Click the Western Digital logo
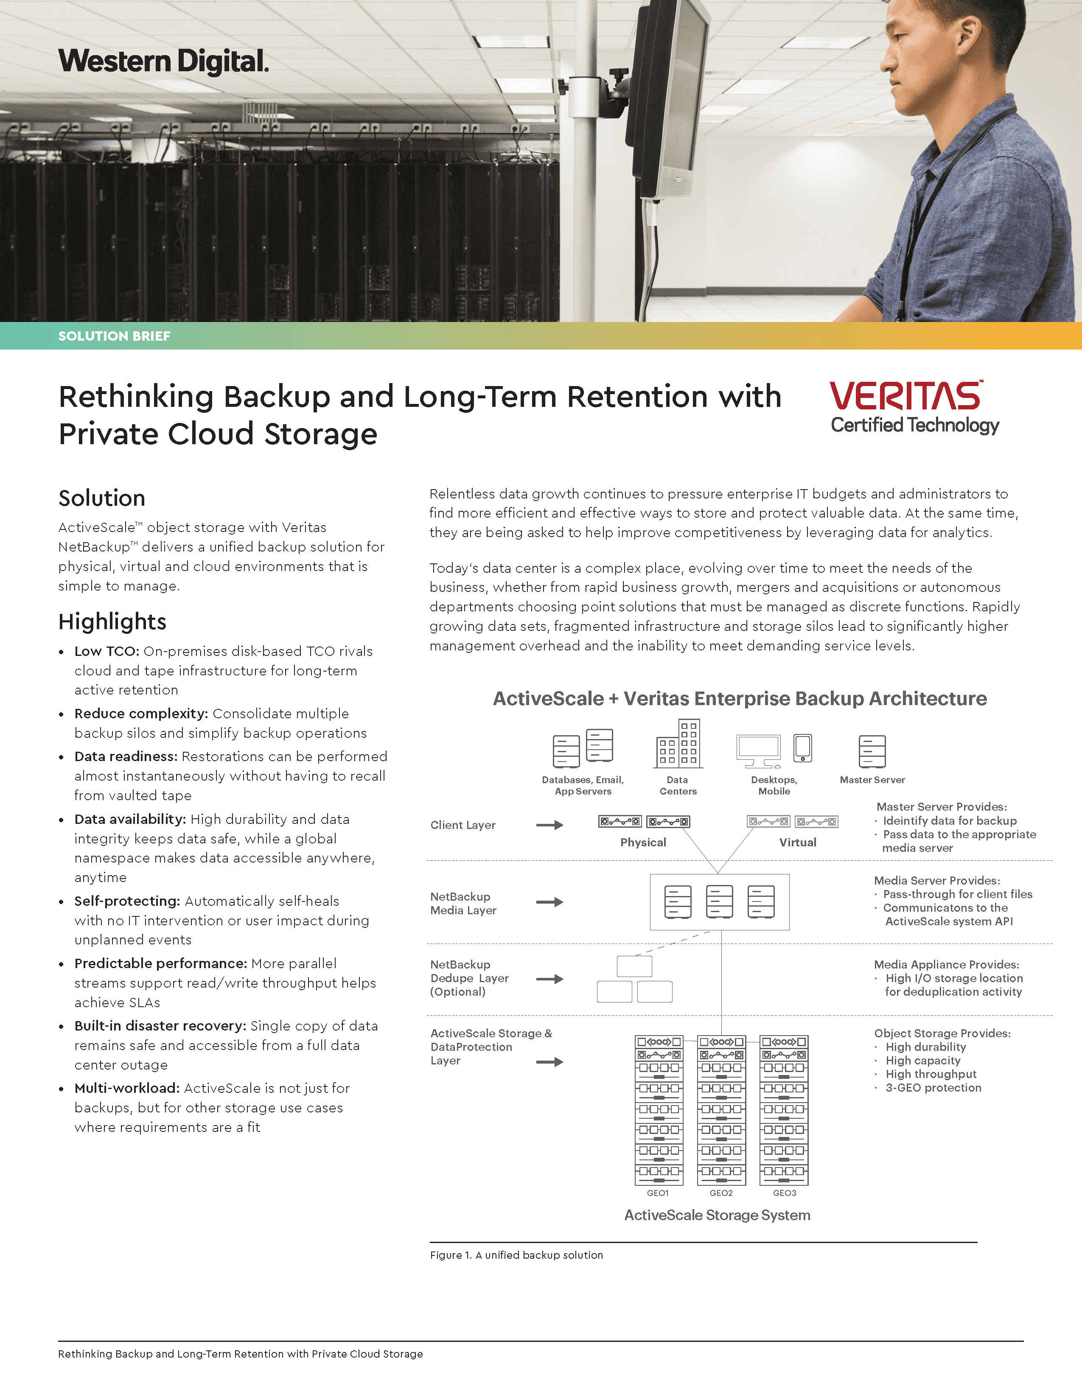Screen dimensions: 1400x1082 pyautogui.click(x=163, y=62)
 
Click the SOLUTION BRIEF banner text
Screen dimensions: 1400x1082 pyautogui.click(x=114, y=336)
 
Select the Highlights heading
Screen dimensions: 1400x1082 pyautogui.click(x=112, y=621)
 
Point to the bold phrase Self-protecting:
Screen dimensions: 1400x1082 pyautogui.click(x=127, y=901)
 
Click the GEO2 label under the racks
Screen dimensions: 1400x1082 pyautogui.click(x=721, y=1193)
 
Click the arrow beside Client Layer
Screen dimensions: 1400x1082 pyautogui.click(x=549, y=825)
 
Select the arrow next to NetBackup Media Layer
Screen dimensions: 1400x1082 pyautogui.click(x=549, y=902)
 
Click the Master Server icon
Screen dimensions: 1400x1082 pyautogui.click(x=872, y=751)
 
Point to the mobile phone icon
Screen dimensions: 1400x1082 pyautogui.click(x=802, y=748)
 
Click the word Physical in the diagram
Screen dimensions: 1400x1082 pyautogui.click(x=643, y=842)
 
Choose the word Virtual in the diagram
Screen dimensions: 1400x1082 pyautogui.click(x=797, y=842)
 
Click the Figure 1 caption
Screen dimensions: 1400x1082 pyautogui.click(x=516, y=1255)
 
